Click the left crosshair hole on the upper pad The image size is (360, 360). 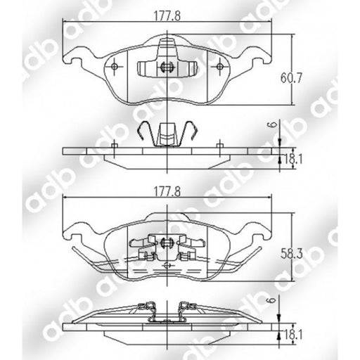[x=115, y=67]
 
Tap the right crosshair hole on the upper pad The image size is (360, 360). [x=220, y=67]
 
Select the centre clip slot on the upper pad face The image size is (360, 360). [x=167, y=67]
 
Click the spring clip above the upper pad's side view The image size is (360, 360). [x=167, y=134]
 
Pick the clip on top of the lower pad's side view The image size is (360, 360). [x=167, y=310]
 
